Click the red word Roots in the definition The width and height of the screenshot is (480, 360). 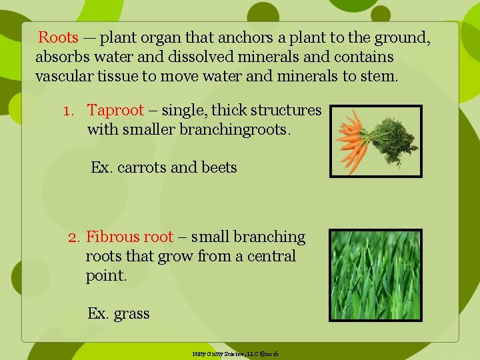pyautogui.click(x=58, y=38)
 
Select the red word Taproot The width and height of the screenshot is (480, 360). pyautogui.click(x=115, y=110)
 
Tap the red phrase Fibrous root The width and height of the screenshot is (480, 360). pyautogui.click(x=129, y=237)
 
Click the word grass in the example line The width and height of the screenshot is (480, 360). pyautogui.click(x=131, y=313)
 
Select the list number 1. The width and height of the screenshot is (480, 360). pyautogui.click(x=68, y=110)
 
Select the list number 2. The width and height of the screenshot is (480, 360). pyautogui.click(x=73, y=237)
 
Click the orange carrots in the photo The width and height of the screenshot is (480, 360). pyautogui.click(x=353, y=141)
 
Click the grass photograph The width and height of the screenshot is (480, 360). pyautogui.click(x=376, y=275)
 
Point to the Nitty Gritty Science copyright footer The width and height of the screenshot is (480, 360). pyautogui.click(x=235, y=353)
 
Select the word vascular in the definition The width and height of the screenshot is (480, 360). pyautogui.click(x=63, y=75)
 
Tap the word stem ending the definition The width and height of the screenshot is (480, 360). pyautogui.click(x=380, y=75)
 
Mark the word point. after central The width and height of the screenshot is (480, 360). pyautogui.click(x=106, y=275)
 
